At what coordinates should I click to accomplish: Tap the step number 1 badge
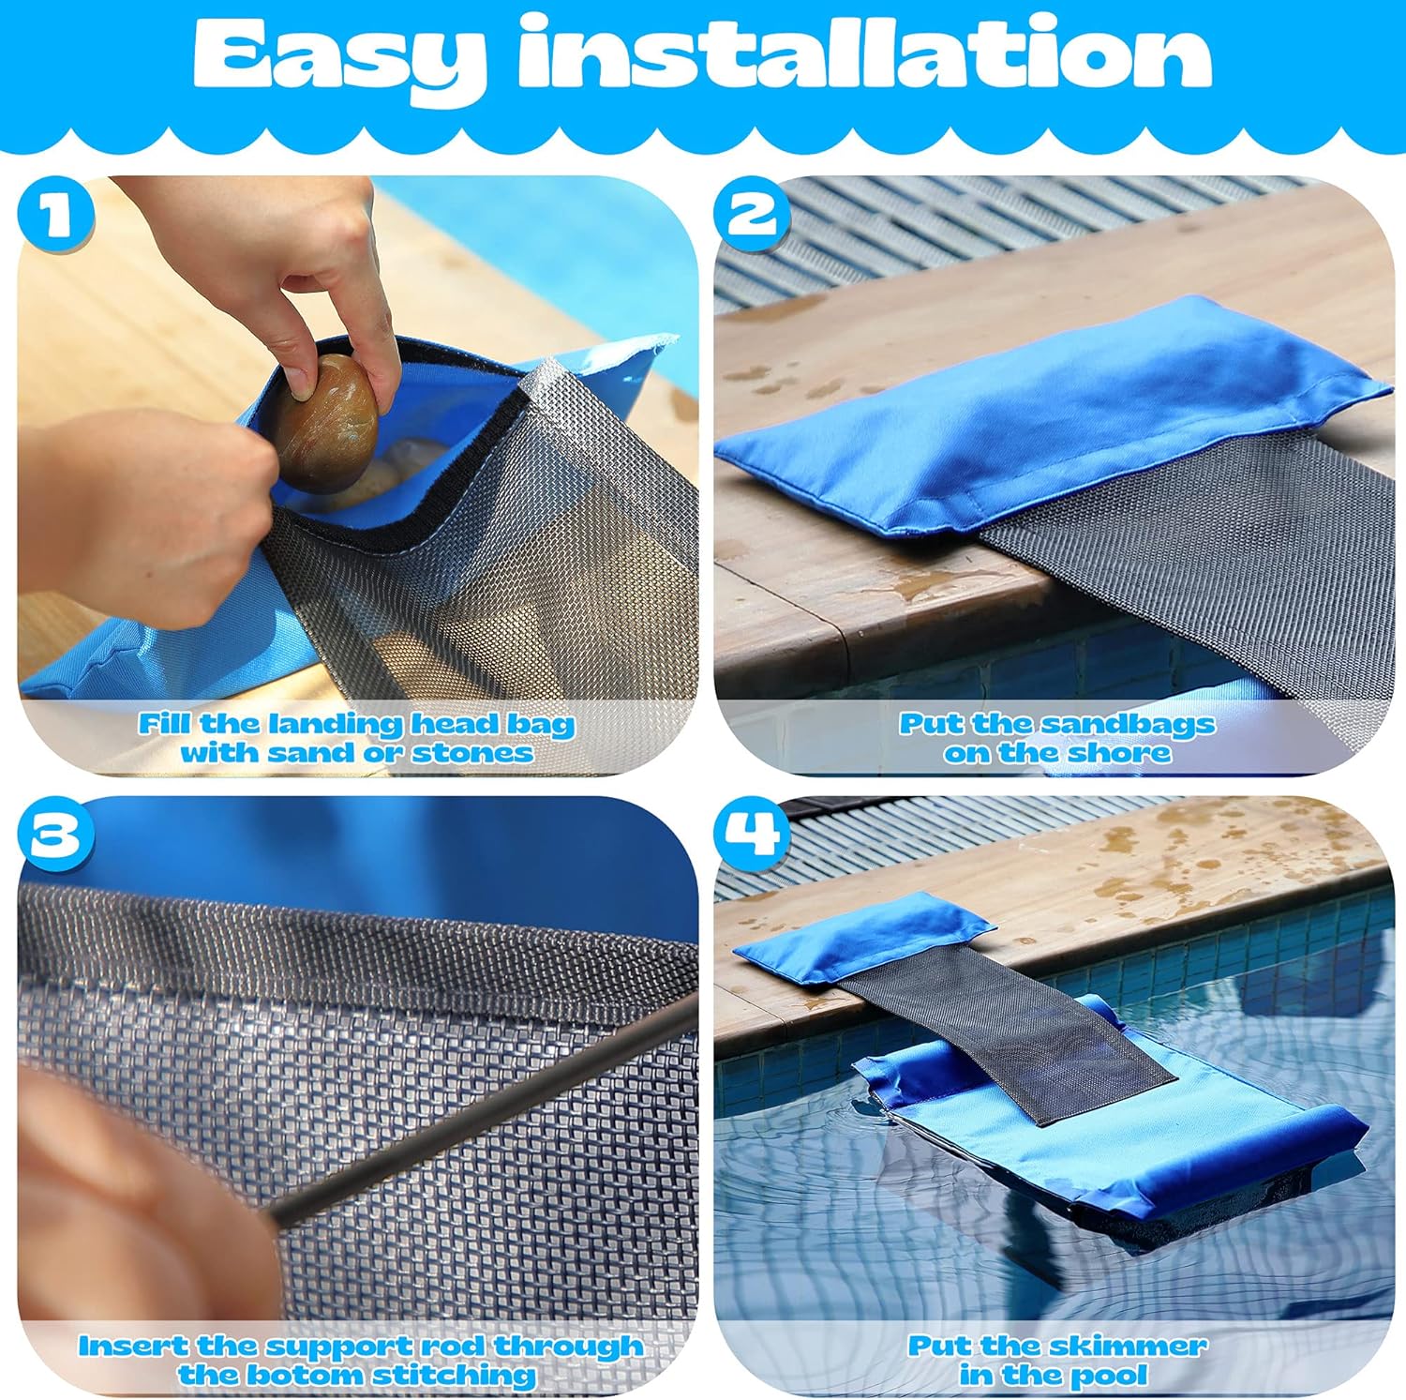pyautogui.click(x=56, y=218)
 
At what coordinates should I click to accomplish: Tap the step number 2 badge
pyautogui.click(x=753, y=218)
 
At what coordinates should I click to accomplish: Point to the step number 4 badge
pyautogui.click(x=753, y=834)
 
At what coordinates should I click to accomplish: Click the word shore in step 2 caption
pyautogui.click(x=1121, y=753)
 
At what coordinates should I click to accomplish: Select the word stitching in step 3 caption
pyautogui.click(x=454, y=1376)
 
